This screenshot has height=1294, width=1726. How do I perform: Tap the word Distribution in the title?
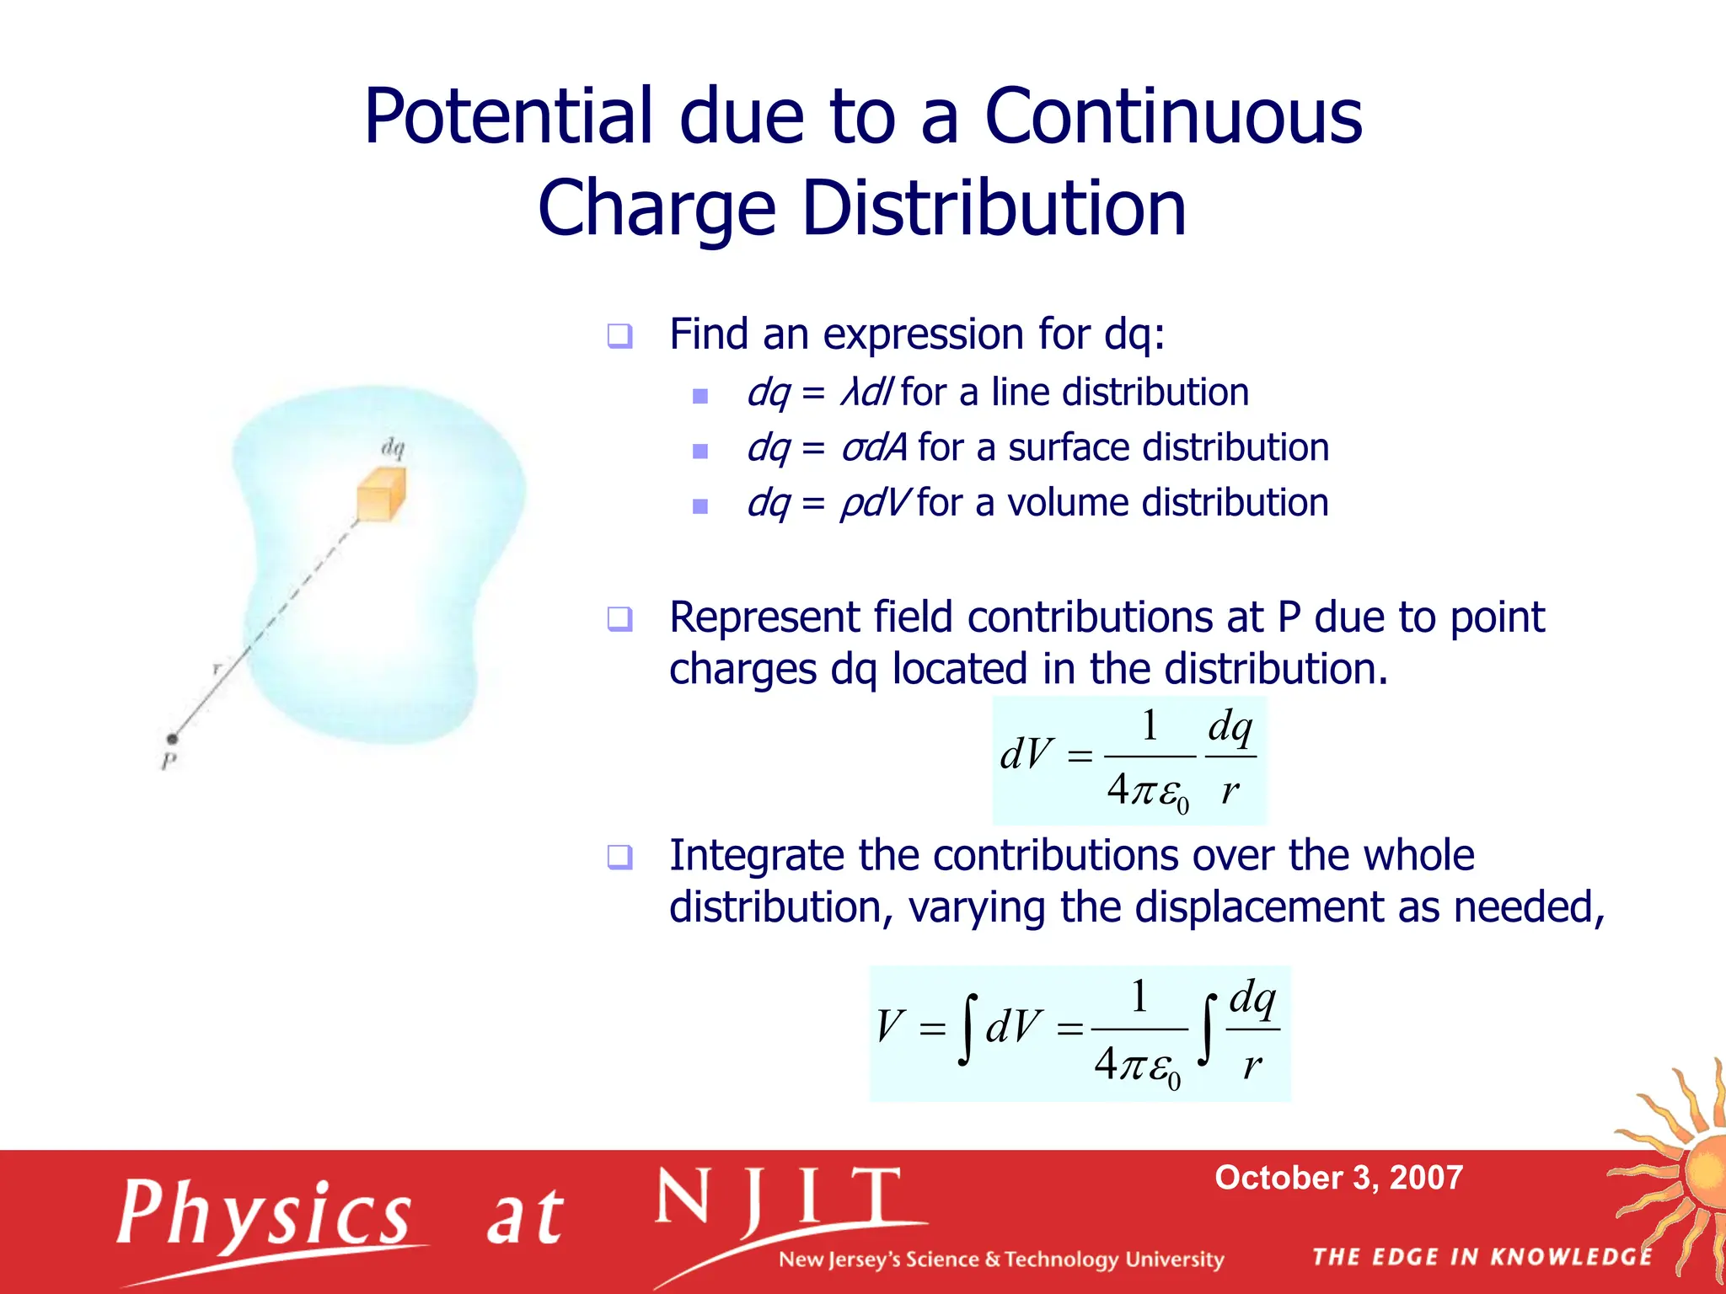pos(993,208)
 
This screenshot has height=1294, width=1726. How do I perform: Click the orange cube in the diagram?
pos(381,495)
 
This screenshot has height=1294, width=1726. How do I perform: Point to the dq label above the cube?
pos(393,447)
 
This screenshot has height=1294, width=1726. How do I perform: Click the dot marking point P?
pos(172,739)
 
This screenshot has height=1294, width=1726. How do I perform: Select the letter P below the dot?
pos(169,762)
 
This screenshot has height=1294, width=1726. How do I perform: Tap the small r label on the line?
pos(217,669)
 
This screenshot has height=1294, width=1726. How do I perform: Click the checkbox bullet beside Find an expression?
pos(619,336)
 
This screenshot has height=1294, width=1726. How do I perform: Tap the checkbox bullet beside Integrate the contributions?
pos(619,858)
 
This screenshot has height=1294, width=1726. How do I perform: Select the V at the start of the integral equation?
pos(891,1026)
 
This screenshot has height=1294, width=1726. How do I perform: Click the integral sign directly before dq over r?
pos(1209,1029)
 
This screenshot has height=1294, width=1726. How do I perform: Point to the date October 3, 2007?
pos(1338,1178)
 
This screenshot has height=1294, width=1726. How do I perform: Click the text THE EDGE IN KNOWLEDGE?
pos(1482,1257)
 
